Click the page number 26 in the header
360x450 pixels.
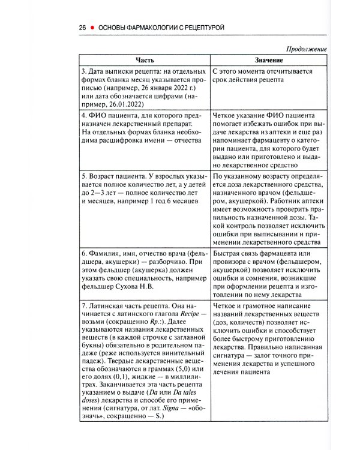point(83,28)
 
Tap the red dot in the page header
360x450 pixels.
point(92,28)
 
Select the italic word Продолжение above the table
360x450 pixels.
point(306,49)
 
